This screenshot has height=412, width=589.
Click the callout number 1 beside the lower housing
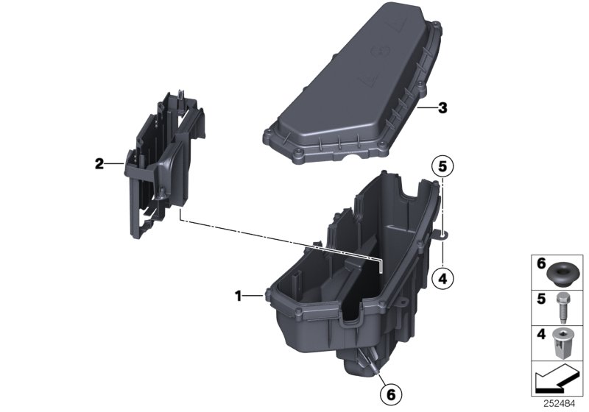(238, 296)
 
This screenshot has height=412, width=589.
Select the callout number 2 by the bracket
(99, 164)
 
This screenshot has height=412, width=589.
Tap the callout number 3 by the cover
(442, 109)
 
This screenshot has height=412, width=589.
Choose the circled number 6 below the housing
(392, 395)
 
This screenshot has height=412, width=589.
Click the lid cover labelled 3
(353, 88)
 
